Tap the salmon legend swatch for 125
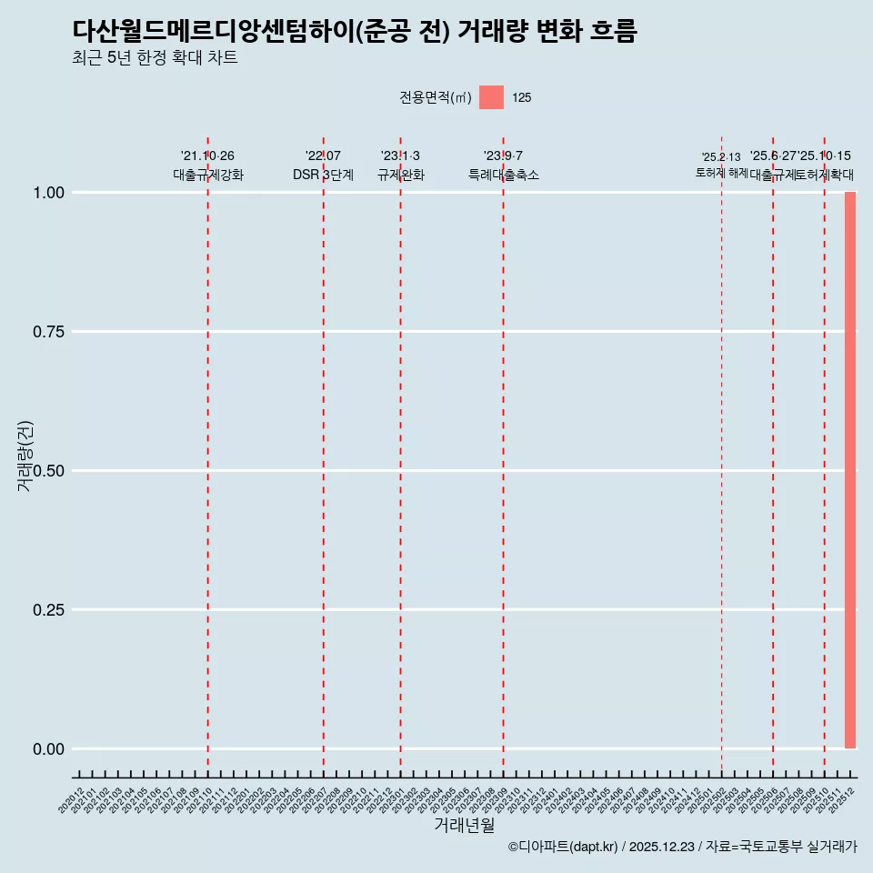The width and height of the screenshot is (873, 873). coord(491,97)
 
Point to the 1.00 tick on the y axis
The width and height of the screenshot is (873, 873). coord(48,193)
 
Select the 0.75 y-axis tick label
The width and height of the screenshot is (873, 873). coord(48,332)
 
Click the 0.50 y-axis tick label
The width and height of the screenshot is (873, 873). coord(48,471)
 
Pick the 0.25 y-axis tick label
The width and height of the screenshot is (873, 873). coord(48,610)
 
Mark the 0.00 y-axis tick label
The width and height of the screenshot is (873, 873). coord(48,749)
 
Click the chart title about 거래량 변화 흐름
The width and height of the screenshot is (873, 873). coord(355,31)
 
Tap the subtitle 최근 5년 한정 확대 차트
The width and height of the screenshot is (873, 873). coord(155,58)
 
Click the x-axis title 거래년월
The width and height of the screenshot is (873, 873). coord(465,825)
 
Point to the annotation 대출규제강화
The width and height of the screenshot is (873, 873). coord(207,175)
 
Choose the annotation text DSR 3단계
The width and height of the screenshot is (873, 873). coord(323,175)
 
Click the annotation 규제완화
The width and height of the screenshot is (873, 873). coord(400,175)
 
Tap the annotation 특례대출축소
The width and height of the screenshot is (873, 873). coord(503,175)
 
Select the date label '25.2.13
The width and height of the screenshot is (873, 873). coord(721,157)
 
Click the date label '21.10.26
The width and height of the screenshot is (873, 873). coord(207,156)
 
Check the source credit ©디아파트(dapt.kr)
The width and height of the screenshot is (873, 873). coord(564,847)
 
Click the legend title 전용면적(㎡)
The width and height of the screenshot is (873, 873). coord(436,97)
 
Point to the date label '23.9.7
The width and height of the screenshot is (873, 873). coord(503,156)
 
